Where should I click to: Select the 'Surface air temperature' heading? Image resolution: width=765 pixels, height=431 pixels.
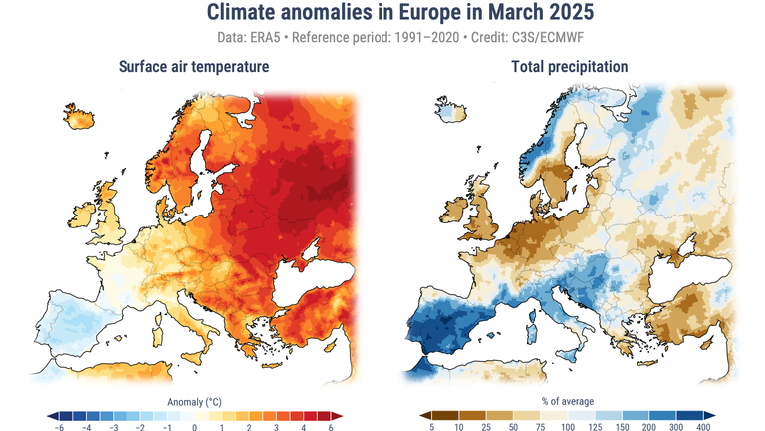(192, 67)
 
